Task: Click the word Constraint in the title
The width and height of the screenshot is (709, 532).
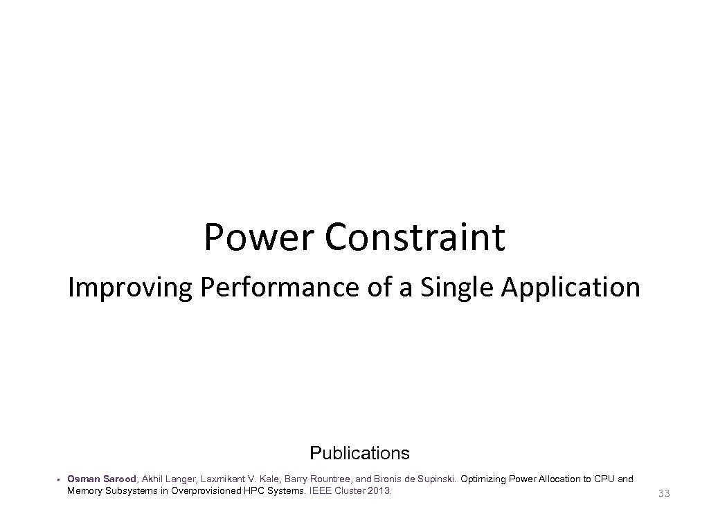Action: pyautogui.click(x=415, y=238)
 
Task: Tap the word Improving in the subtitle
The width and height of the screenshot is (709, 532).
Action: pyautogui.click(x=129, y=287)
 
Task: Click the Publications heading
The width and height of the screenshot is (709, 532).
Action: pyautogui.click(x=359, y=454)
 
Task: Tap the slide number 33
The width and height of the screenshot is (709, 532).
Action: pyautogui.click(x=664, y=493)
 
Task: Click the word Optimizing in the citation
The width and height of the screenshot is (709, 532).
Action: pyautogui.click(x=482, y=479)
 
